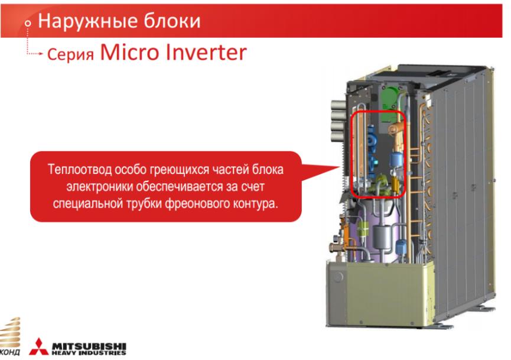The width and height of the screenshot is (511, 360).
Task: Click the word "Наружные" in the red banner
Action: point(87,21)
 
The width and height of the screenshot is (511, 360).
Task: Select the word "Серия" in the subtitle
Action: point(70,54)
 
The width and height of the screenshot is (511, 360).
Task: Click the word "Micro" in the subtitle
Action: point(130,52)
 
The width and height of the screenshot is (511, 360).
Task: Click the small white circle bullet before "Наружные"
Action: point(28,23)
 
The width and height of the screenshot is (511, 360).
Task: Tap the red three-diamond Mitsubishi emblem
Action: point(39,346)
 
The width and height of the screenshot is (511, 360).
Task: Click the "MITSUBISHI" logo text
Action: point(89,346)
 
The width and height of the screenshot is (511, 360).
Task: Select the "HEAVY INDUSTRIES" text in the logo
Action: point(89,353)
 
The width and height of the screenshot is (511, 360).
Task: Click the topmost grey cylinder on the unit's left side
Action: point(339,105)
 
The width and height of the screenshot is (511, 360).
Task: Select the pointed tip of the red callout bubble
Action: point(339,167)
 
